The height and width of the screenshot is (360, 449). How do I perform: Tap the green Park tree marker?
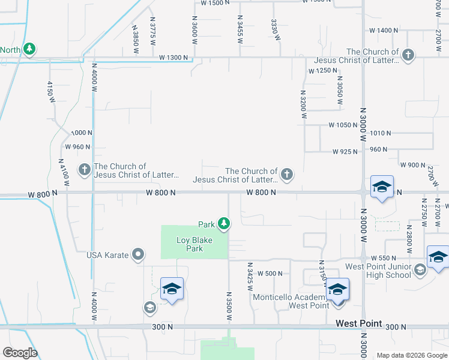point(224,224)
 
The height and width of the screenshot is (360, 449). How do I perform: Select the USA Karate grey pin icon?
point(138,255)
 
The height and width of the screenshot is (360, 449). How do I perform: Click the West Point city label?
point(358,323)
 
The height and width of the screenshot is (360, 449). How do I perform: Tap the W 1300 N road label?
point(173,58)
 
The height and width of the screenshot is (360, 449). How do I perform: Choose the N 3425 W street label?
point(249,276)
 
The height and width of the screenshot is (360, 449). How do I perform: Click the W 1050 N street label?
point(343,125)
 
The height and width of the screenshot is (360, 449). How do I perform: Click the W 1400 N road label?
point(385,30)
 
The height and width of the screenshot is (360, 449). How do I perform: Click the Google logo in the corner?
point(20,353)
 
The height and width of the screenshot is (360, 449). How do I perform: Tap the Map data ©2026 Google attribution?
point(412,355)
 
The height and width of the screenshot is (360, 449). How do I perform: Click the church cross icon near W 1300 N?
point(408,56)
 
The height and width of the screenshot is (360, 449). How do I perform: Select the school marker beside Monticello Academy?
point(337,290)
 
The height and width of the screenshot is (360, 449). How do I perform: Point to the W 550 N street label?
point(384,257)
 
